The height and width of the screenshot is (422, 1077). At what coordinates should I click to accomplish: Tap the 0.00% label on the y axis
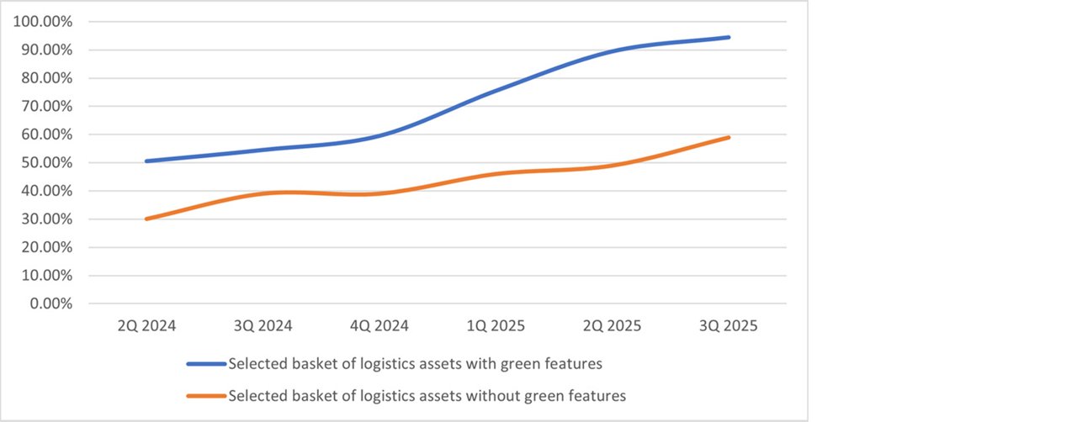[51, 303]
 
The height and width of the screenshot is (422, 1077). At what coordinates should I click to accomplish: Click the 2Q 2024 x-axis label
[146, 326]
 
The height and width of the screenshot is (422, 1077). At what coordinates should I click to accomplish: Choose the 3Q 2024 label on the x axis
[263, 326]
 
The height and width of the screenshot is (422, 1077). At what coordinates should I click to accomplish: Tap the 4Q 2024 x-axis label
[379, 326]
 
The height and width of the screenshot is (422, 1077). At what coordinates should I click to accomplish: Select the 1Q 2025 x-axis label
[496, 326]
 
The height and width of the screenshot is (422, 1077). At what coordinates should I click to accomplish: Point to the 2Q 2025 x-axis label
[612, 326]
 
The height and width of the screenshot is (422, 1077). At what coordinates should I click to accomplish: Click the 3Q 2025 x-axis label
[729, 326]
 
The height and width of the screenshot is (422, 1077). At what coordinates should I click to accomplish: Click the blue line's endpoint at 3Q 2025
[729, 37]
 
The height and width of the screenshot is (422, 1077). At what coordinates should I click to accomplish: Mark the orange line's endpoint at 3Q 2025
[729, 137]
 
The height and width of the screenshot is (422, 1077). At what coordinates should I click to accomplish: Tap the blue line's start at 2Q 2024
[146, 161]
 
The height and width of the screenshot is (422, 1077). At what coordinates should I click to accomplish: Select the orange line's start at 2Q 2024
[146, 219]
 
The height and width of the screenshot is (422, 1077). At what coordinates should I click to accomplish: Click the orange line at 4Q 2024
[379, 193]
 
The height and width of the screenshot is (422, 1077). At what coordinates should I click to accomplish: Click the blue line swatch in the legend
[206, 364]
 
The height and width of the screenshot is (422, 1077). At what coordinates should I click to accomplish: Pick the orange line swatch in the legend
[206, 395]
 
